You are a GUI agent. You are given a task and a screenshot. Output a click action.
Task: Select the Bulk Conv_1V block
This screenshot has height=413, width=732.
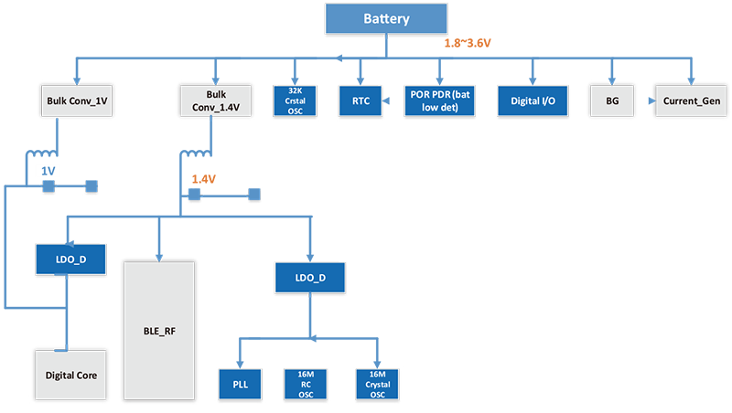point(76,101)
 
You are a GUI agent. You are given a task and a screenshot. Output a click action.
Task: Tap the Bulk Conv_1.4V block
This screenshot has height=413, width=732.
point(216,101)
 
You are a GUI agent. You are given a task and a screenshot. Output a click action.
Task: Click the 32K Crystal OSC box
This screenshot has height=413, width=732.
point(295,101)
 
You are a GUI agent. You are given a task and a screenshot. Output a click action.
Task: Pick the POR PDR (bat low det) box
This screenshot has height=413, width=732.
point(440,101)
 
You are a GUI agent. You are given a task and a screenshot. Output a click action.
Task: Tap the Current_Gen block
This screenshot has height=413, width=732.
point(691,101)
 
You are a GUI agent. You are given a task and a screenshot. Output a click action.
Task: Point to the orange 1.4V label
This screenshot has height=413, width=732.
point(203,179)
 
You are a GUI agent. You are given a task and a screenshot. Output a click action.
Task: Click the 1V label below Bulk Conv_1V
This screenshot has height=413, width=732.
point(47,171)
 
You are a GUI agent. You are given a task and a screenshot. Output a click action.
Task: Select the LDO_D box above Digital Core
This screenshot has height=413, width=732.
point(70,259)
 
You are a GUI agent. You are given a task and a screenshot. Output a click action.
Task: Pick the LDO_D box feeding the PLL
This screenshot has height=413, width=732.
point(311,277)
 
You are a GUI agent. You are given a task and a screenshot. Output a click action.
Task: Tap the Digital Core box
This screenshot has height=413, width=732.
point(70,376)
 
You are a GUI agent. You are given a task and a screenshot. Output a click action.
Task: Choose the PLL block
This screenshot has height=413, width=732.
point(240,385)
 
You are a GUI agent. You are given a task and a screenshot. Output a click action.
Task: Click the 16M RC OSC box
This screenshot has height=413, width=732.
point(307,385)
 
